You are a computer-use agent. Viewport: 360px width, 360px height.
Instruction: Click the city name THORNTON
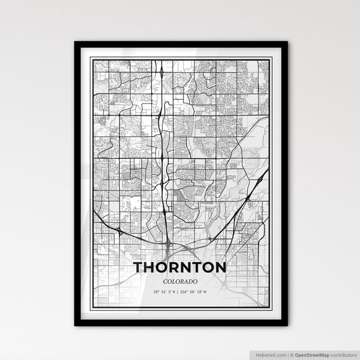tap(180, 267)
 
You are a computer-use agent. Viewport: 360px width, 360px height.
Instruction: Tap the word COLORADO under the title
tap(180, 281)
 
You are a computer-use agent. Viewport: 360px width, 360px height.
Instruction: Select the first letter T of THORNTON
tap(139, 267)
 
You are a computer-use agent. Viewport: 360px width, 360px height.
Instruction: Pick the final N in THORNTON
tap(219, 267)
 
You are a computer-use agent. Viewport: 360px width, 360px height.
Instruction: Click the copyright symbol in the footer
tap(292, 354)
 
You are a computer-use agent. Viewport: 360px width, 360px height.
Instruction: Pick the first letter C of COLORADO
tap(164, 281)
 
